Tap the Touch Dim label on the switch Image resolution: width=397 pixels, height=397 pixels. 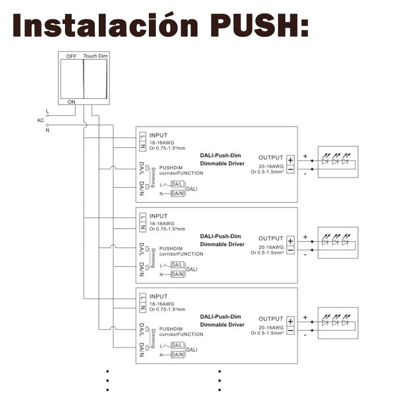click(x=95, y=56)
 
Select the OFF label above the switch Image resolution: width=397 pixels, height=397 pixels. click(x=71, y=56)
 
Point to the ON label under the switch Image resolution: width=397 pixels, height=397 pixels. click(x=71, y=102)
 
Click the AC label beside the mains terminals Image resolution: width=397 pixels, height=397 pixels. click(x=41, y=120)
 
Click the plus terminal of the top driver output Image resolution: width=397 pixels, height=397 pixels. click(x=290, y=160)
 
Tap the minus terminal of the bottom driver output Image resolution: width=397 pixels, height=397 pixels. click(x=290, y=331)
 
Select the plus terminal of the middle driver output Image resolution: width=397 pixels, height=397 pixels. click(x=290, y=241)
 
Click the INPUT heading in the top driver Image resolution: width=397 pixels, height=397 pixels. click(x=158, y=135)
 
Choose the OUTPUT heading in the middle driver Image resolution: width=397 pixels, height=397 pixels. click(x=270, y=238)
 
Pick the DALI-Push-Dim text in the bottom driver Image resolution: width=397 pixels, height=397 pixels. click(x=220, y=317)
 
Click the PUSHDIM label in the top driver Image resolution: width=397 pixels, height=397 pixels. click(x=171, y=168)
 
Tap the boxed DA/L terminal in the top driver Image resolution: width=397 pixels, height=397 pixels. click(x=177, y=184)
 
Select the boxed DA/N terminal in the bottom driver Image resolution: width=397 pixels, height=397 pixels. click(x=177, y=354)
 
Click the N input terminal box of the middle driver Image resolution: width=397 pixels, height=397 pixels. click(x=143, y=227)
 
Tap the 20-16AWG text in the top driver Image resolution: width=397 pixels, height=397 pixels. click(x=271, y=166)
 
